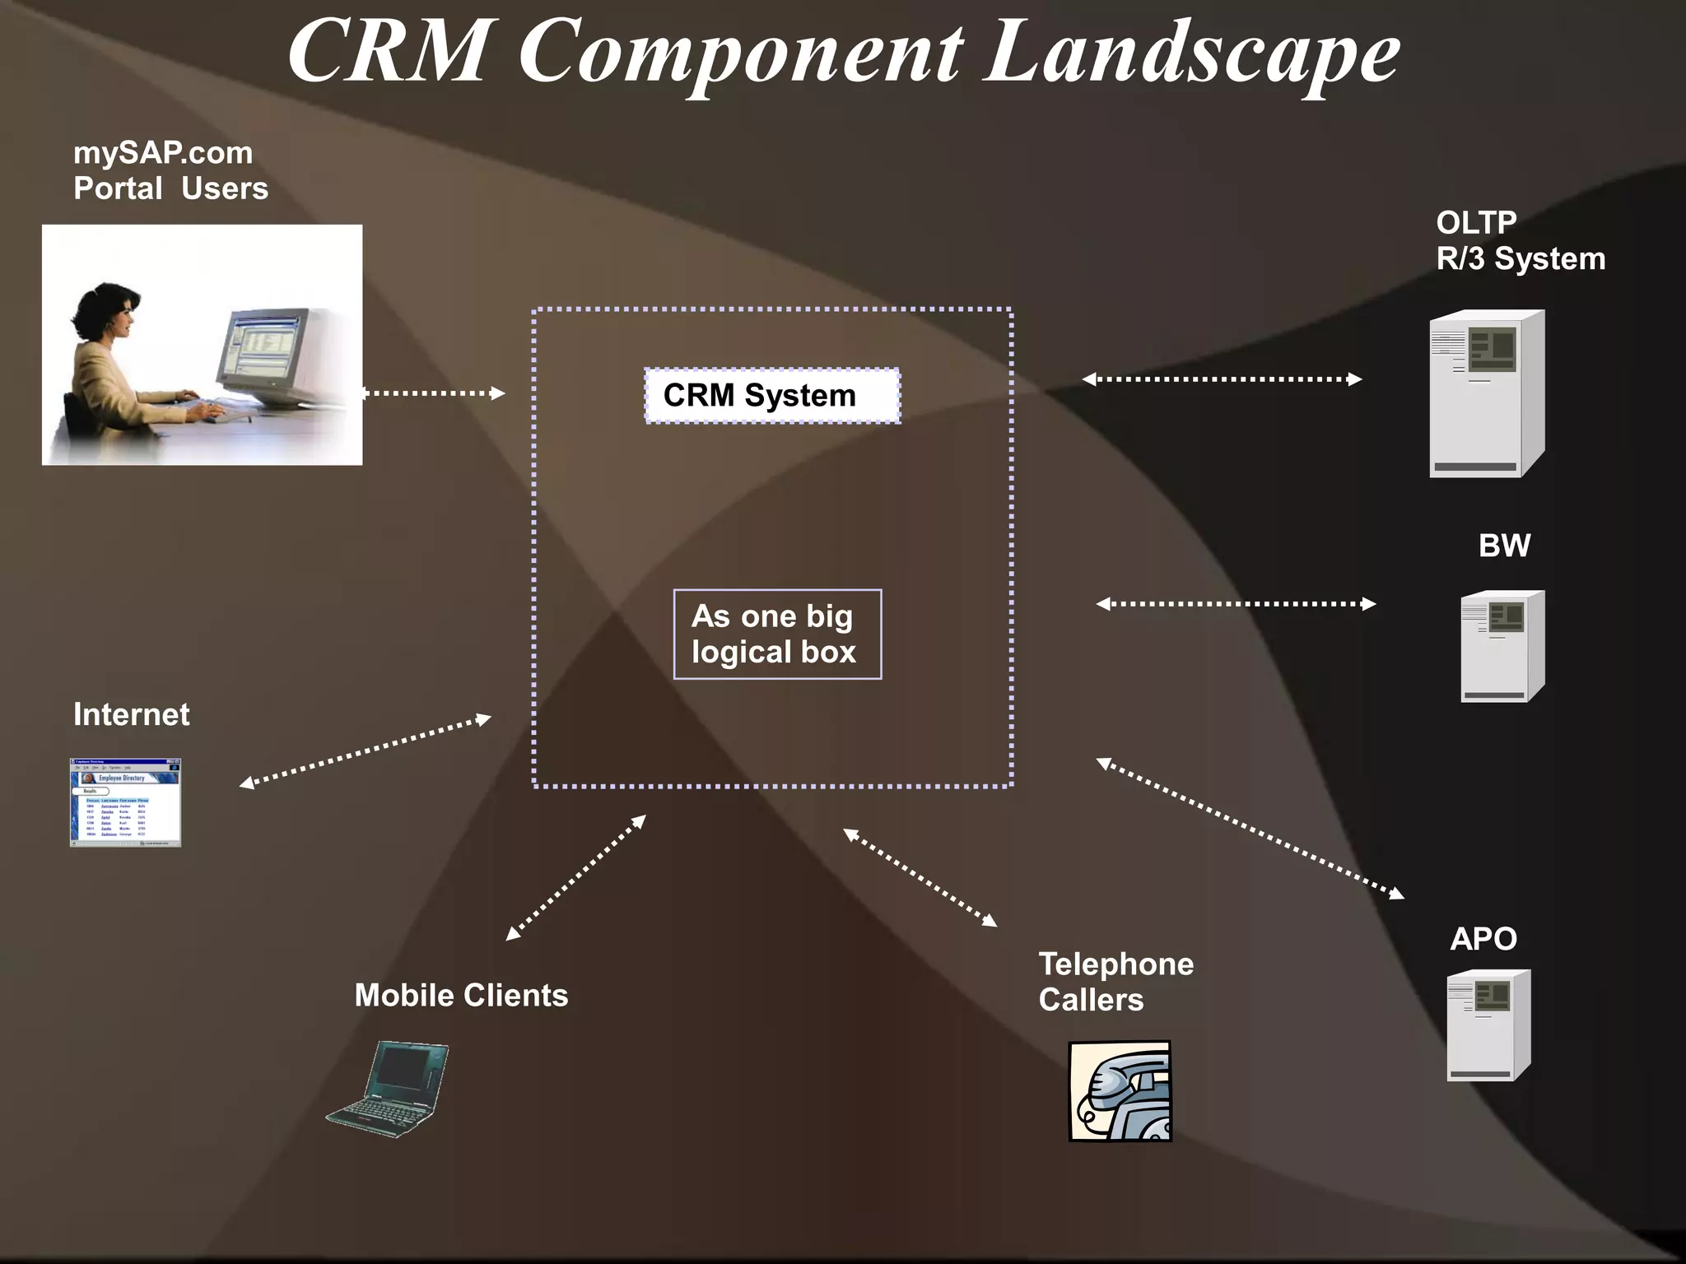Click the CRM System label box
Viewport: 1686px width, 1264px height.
coord(771,396)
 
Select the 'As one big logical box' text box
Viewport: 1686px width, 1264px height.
coord(777,634)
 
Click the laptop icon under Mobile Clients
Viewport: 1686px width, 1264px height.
coord(389,1090)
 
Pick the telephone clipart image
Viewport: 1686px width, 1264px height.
coord(1120,1091)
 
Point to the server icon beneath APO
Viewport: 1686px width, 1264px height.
coord(1488,1025)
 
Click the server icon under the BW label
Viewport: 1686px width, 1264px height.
coord(1502,646)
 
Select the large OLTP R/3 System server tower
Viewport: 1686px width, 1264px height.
coord(1486,393)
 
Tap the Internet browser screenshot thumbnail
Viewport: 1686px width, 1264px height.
coord(125,802)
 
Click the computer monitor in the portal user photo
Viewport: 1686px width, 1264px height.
coord(262,355)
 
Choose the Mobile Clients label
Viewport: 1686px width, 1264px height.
coord(461,996)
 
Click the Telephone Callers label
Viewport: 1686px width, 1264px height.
coord(1115,982)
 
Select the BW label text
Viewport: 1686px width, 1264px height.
coord(1504,546)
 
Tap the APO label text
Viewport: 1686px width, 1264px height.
coord(1483,939)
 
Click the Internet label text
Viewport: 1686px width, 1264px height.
coord(132,714)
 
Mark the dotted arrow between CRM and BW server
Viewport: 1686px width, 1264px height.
coord(1235,604)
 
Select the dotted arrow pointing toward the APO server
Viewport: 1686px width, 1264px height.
coord(1250,828)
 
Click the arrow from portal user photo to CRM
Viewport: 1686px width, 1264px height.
coord(434,393)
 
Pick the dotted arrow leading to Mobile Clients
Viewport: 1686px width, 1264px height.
coord(575,878)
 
